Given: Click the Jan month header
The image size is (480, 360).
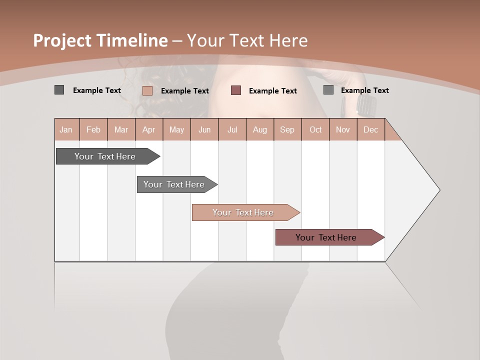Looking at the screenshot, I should [x=66, y=129].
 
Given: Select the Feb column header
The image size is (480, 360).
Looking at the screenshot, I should [x=93, y=129].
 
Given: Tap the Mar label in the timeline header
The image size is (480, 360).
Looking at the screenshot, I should [x=121, y=129].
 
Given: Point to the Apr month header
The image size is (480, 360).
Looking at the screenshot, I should [x=148, y=129].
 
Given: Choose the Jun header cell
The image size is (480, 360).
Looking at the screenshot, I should [x=204, y=129].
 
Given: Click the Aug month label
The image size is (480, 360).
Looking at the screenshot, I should [x=259, y=129].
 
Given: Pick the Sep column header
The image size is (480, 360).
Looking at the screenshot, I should [x=287, y=129].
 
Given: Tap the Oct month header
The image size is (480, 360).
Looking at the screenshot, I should [x=315, y=129].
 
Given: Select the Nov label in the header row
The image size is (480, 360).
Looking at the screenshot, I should [x=342, y=129].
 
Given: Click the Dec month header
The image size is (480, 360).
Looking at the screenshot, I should [x=370, y=129].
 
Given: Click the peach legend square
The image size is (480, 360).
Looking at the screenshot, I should [x=147, y=90].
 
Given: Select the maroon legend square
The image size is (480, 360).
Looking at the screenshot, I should [x=236, y=90].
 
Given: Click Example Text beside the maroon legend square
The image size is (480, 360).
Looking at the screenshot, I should [x=272, y=91].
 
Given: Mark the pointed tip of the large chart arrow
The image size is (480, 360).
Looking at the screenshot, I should [x=439, y=190].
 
